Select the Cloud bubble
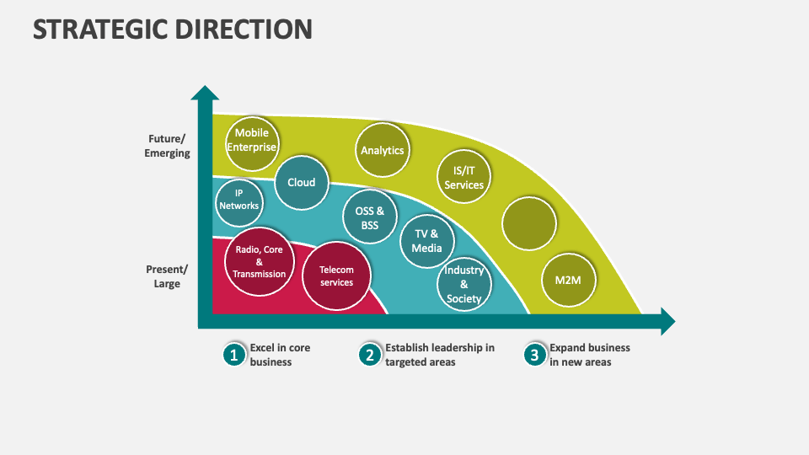pos(301,183)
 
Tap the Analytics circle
pos(382,151)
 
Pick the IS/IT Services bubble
pos(463,178)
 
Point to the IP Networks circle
pos(238,200)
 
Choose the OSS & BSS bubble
pos(369,218)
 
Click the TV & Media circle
pos(427,241)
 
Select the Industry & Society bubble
pos(463,284)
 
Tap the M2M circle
pos(569,279)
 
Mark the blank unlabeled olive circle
pos(529,223)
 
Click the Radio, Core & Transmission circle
pos(259,261)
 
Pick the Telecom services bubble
pos(336,276)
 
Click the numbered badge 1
pos(234,355)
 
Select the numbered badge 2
pos(369,355)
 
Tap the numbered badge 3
pos(534,355)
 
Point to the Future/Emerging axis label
pos(167,146)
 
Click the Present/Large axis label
pos(167,276)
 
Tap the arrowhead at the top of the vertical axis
pos(205,92)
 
